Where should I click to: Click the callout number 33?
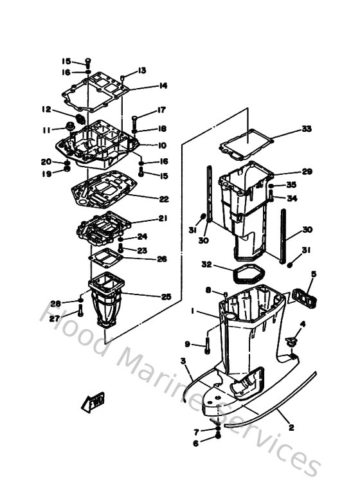point(307,129)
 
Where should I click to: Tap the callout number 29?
point(307,172)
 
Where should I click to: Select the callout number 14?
point(163,86)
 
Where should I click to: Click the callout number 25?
point(166,296)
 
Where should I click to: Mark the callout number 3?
point(184,363)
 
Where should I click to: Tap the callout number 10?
point(162,145)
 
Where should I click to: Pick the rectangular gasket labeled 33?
point(248,145)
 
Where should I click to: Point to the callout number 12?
point(46,109)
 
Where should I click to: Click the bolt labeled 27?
point(80,313)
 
